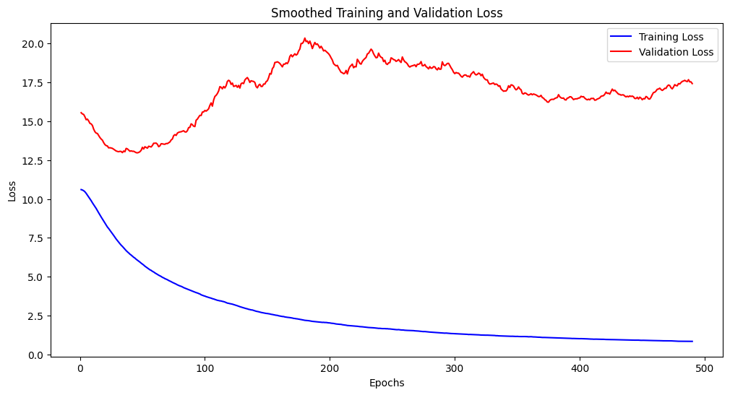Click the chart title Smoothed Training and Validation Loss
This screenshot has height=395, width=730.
tap(387, 12)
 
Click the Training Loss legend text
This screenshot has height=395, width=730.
tap(671, 37)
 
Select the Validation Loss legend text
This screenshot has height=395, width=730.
tap(676, 52)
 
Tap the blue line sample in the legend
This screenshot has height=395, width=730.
tap(622, 37)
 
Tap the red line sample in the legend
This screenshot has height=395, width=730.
tap(622, 52)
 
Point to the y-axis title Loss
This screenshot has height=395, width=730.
tap(12, 191)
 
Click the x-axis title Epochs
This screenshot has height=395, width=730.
tap(387, 383)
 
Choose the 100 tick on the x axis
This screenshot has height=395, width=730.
tap(205, 368)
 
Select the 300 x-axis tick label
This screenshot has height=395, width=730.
tap(455, 368)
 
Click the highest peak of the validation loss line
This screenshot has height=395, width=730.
tap(305, 38)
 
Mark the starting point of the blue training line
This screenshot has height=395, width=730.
tap(81, 190)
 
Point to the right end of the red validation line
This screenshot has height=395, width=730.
tap(692, 84)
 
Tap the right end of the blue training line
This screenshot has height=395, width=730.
tap(692, 342)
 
